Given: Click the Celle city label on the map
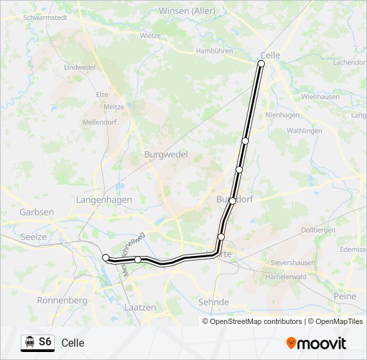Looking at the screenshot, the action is tap(271, 55).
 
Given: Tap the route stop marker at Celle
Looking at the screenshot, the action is tap(261, 63).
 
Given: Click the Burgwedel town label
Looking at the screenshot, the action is tap(166, 154).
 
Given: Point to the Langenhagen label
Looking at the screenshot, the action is tap(104, 199).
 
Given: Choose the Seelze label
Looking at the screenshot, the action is tap(34, 237).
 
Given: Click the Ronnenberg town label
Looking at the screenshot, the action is tap(63, 301).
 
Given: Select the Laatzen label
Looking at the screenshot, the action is tap(139, 307).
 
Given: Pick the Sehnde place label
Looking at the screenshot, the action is tap(214, 302).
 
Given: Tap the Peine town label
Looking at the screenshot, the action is tap(344, 295).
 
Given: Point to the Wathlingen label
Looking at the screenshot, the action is tap(304, 131).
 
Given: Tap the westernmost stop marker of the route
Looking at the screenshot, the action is tap(105, 257).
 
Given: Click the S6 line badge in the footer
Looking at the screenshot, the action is tap(45, 342).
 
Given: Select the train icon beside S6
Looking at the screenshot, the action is tap(29, 342).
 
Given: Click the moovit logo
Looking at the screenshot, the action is tap(316, 343).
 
